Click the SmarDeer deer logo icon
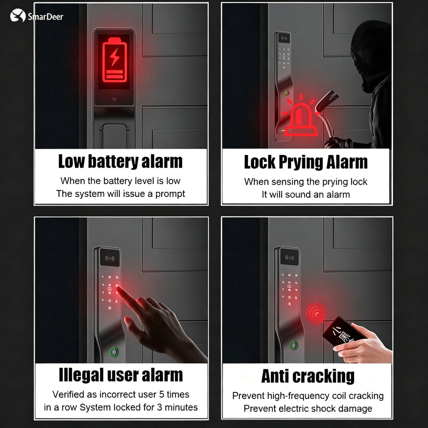(x=18, y=15)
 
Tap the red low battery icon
(x=115, y=60)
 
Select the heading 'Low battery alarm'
(x=120, y=161)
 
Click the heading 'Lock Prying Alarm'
(x=306, y=162)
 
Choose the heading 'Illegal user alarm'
(x=121, y=375)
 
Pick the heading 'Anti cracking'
(x=308, y=377)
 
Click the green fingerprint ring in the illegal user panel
(x=115, y=352)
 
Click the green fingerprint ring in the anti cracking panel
(x=294, y=345)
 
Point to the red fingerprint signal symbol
(x=316, y=313)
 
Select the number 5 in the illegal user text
(x=162, y=395)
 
